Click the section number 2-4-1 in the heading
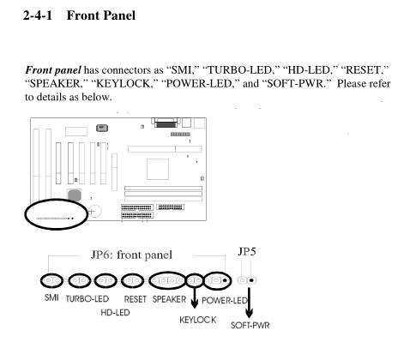(38, 15)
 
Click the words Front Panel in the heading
(101, 15)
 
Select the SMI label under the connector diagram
(51, 297)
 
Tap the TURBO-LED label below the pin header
(87, 299)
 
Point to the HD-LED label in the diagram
(115, 313)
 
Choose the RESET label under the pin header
(136, 299)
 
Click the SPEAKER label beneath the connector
(169, 299)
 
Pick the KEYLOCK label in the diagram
(198, 320)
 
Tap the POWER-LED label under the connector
(225, 301)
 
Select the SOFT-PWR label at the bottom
(250, 326)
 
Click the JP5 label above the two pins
(247, 251)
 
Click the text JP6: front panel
(131, 255)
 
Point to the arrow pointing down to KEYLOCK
(195, 297)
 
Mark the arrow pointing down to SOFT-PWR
(250, 303)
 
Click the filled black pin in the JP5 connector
(251, 280)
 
